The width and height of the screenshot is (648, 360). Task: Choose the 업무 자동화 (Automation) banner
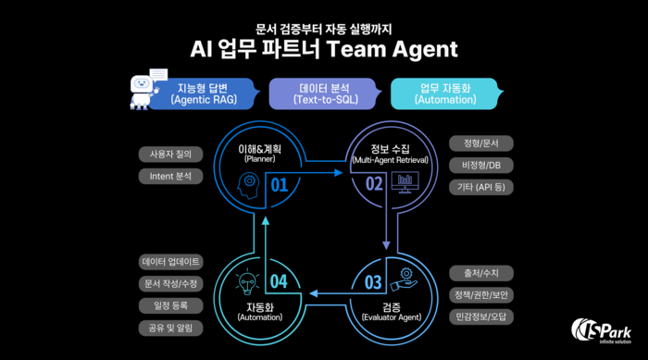pos(445,93)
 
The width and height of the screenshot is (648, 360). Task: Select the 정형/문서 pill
pos(480,143)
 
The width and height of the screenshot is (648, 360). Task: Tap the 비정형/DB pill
pos(480,165)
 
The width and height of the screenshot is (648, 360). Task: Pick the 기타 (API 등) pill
pos(480,187)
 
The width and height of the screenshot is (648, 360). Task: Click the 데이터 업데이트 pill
pos(170,262)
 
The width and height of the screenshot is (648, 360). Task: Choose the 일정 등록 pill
pos(170,305)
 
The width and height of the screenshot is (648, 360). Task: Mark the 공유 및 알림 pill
pos(170,328)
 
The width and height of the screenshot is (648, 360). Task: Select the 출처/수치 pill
pos(480,273)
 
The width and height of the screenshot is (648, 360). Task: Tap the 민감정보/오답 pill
pos(480,317)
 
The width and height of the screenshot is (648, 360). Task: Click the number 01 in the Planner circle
pos(280,185)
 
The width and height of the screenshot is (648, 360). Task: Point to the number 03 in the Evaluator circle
pos(372,282)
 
